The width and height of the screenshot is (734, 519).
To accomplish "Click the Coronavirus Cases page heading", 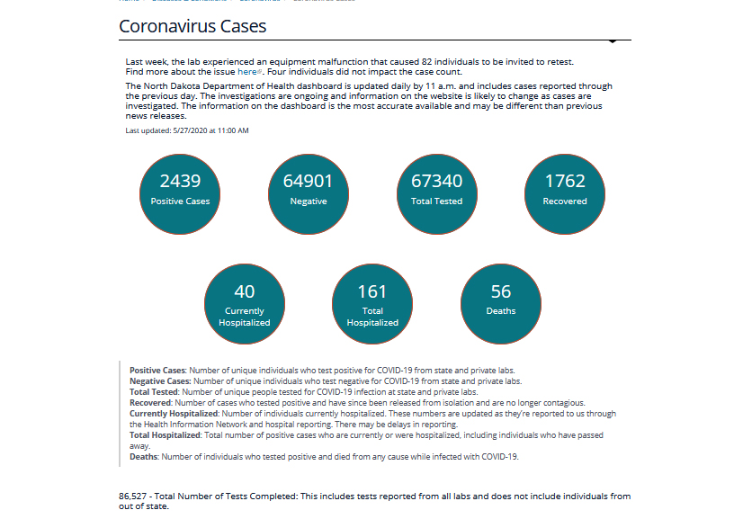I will coord(192,26).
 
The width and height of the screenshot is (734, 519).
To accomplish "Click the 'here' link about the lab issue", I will coord(247,71).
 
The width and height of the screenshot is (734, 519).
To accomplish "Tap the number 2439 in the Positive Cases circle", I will coord(180,181).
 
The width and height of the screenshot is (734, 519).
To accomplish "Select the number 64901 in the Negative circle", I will coord(308,181).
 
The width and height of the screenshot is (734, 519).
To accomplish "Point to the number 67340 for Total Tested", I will coord(436,181).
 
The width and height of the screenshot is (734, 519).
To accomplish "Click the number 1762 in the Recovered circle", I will coord(565,181).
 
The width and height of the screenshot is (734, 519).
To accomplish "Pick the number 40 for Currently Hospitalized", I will coord(244,291).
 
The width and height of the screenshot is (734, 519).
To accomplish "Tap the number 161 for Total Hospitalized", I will coord(371,291).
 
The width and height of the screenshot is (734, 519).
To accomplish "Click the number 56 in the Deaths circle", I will coord(501,291).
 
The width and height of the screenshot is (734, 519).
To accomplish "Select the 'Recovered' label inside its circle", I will coord(565,201).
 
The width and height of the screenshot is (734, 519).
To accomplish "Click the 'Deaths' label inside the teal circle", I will coord(501,311).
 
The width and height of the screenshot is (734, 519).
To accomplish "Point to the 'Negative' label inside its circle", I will coord(308,201).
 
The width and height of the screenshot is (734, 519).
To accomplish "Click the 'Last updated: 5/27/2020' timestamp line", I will coord(187,130).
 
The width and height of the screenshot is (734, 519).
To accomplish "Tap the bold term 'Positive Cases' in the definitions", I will coord(157,370).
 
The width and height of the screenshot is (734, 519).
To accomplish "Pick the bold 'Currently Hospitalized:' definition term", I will coord(175,414).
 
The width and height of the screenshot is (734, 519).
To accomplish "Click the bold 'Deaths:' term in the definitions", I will coord(144,457).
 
